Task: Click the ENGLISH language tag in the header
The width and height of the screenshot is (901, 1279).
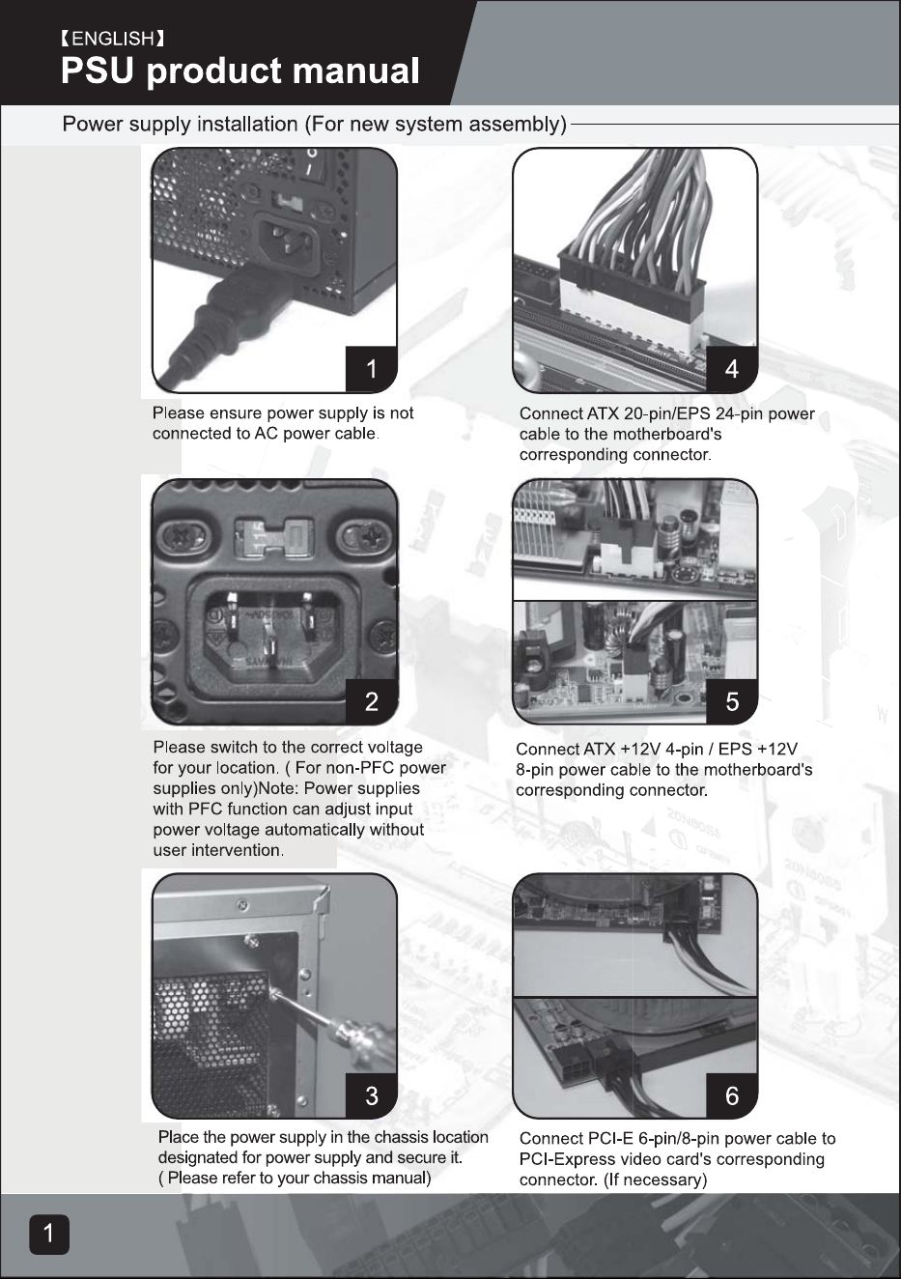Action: [113, 39]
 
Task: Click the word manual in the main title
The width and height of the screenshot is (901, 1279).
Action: [355, 71]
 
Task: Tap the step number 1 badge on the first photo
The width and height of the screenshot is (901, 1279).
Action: [371, 369]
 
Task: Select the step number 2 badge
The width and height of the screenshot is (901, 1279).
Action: [371, 701]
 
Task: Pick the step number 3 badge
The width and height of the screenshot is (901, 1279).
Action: [371, 1095]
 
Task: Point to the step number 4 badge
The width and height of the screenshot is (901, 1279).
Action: [732, 369]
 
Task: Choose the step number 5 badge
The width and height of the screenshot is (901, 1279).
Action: [732, 701]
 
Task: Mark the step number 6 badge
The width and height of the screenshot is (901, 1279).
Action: [732, 1095]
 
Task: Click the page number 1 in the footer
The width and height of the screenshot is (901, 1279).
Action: [49, 1234]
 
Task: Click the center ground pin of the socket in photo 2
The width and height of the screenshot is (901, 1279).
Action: [272, 646]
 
